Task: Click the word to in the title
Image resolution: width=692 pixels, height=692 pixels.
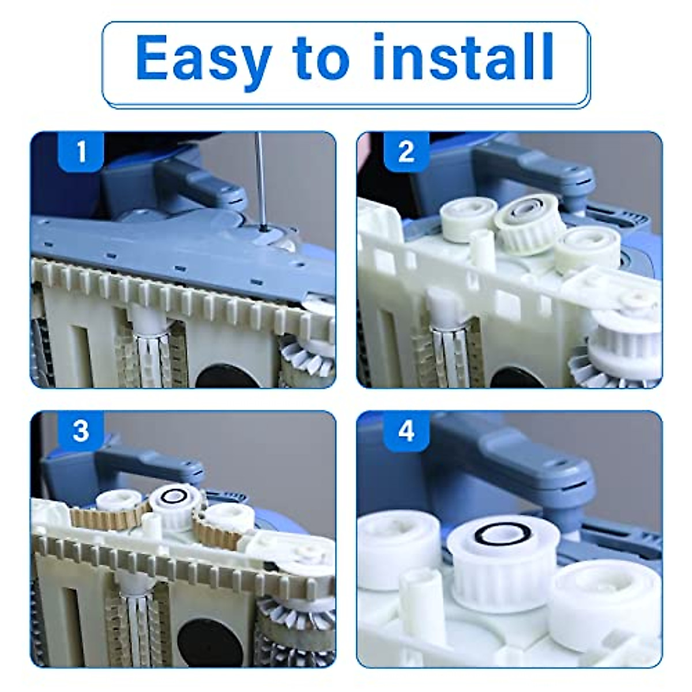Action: (x=321, y=58)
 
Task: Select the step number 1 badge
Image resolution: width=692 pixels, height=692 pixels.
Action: (x=81, y=151)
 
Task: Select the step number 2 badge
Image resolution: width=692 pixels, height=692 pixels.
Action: (x=406, y=151)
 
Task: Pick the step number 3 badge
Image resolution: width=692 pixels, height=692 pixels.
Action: (x=81, y=431)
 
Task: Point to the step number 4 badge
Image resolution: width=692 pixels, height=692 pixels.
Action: (x=406, y=431)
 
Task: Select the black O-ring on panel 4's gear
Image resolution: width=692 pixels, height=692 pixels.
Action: (x=494, y=540)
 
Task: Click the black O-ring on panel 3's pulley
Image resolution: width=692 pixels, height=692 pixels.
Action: (x=174, y=496)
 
